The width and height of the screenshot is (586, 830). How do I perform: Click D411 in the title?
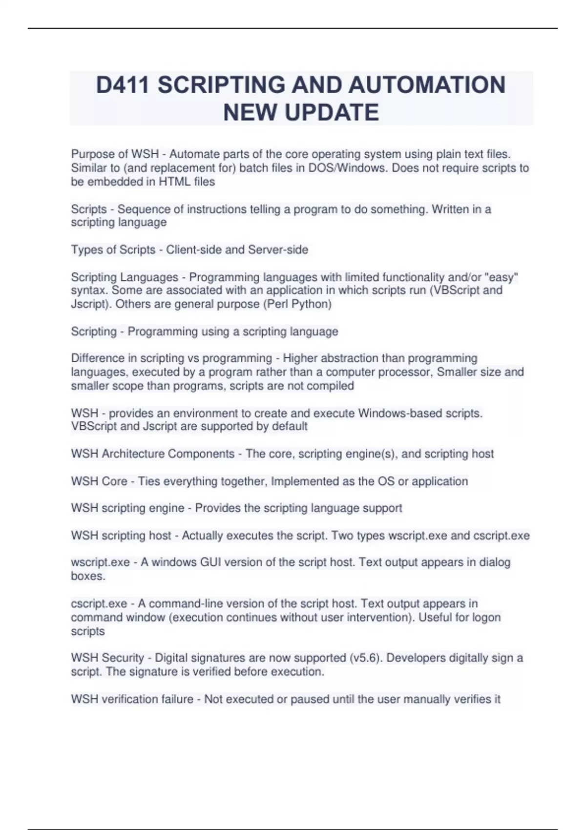(x=123, y=85)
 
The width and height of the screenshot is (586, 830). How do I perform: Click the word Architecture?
(x=133, y=454)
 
